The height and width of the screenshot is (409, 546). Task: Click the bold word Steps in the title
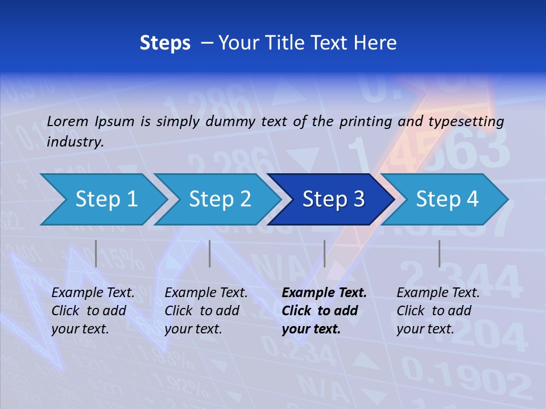pyautogui.click(x=165, y=43)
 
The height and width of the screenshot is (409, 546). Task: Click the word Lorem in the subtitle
pyautogui.click(x=67, y=121)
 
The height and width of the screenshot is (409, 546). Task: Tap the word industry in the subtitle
pyautogui.click(x=75, y=142)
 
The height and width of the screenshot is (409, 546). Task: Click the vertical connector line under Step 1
pyautogui.click(x=96, y=253)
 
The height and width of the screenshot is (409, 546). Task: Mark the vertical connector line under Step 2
pyautogui.click(x=210, y=253)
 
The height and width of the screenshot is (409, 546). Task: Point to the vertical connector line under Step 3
pyautogui.click(x=324, y=253)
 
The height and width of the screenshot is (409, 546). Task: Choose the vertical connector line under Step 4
pyautogui.click(x=439, y=253)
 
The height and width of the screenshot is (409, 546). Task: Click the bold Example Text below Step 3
pyautogui.click(x=324, y=293)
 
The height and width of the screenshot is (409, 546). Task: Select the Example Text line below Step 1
pyautogui.click(x=93, y=293)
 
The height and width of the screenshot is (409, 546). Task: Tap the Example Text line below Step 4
pyautogui.click(x=438, y=293)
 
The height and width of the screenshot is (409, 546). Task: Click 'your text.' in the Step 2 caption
pyautogui.click(x=193, y=329)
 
